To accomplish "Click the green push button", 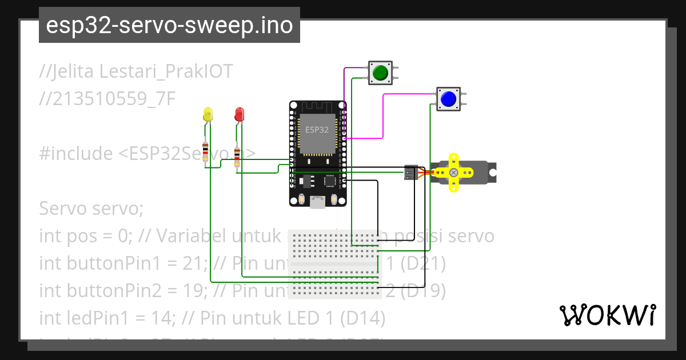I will [x=380, y=73].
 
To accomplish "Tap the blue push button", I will [x=449, y=99].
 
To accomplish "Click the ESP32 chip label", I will [x=317, y=130].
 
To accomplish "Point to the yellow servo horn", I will [x=453, y=172].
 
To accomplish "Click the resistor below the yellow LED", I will [x=206, y=150].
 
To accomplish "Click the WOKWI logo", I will [x=607, y=315].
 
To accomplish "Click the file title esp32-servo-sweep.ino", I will [x=169, y=25].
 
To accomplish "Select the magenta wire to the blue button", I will [x=382, y=114].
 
